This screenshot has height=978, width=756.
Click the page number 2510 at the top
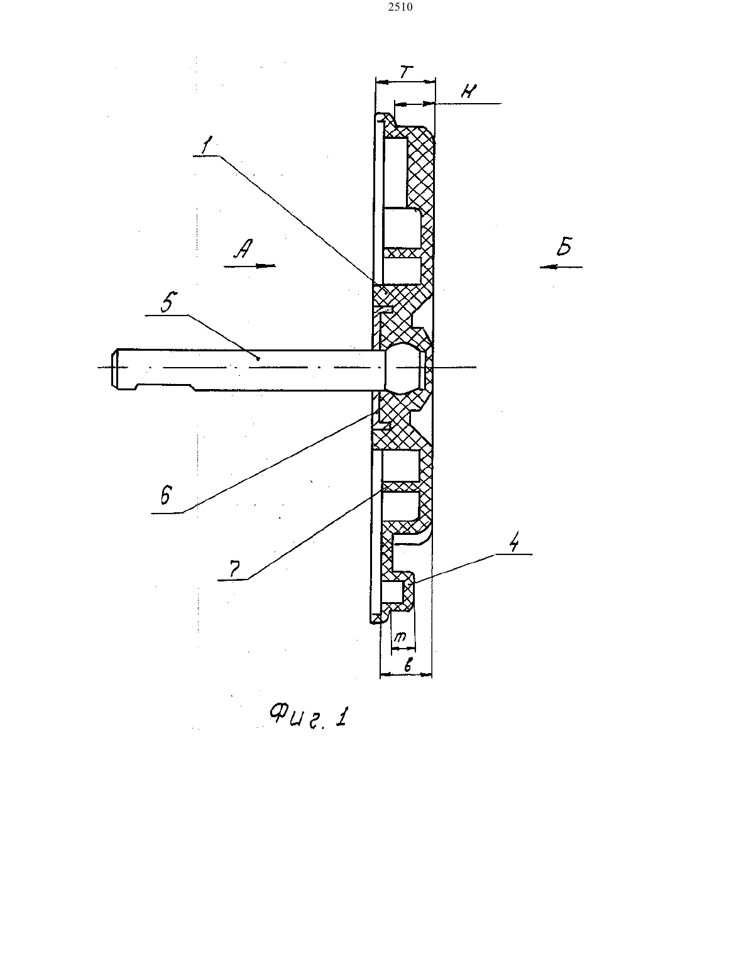pyautogui.click(x=400, y=7)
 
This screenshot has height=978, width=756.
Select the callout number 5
pyautogui.click(x=168, y=302)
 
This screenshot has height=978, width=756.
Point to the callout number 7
pyautogui.click(x=234, y=569)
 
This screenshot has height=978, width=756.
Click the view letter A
pyautogui.click(x=244, y=248)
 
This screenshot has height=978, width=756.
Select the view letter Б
pyautogui.click(x=564, y=246)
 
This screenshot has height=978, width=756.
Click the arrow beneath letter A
pyautogui.click(x=249, y=266)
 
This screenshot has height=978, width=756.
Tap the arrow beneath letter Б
pyautogui.click(x=561, y=267)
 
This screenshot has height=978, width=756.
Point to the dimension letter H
pyautogui.click(x=469, y=92)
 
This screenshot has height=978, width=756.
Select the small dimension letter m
pyautogui.click(x=400, y=637)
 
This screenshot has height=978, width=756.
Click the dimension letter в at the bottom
pyautogui.click(x=408, y=664)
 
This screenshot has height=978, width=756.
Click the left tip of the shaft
pyautogui.click(x=112, y=368)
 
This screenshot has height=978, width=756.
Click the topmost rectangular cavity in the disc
pyautogui.click(x=395, y=173)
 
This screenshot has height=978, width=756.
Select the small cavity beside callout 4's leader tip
pyautogui.click(x=393, y=592)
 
